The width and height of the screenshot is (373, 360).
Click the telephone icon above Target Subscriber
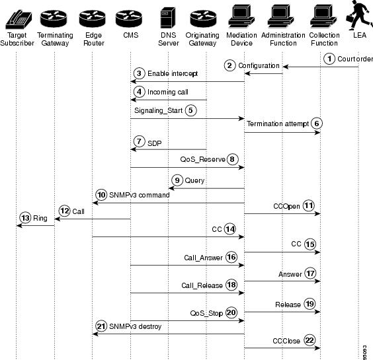click(19, 19)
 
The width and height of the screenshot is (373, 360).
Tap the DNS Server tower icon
click(168, 18)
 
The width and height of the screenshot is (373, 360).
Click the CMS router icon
click(129, 18)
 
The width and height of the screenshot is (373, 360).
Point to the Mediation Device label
click(241, 39)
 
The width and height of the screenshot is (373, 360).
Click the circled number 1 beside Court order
click(329, 59)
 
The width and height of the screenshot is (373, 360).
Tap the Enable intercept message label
click(173, 74)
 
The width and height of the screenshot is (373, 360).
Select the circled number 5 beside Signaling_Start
click(190, 110)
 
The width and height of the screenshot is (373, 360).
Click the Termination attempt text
click(278, 124)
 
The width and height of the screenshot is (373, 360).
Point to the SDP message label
click(154, 143)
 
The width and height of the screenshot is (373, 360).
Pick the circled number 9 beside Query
click(177, 180)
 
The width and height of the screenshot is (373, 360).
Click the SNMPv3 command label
click(139, 195)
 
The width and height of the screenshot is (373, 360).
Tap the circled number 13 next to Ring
click(25, 218)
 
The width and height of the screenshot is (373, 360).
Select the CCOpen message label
click(286, 206)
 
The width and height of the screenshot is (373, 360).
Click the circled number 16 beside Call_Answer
click(231, 257)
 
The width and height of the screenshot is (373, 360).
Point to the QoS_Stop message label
click(206, 313)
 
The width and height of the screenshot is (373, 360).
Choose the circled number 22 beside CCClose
click(310, 340)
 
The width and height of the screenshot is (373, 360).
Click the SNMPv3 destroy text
click(135, 326)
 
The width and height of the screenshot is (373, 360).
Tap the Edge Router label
click(94, 39)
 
